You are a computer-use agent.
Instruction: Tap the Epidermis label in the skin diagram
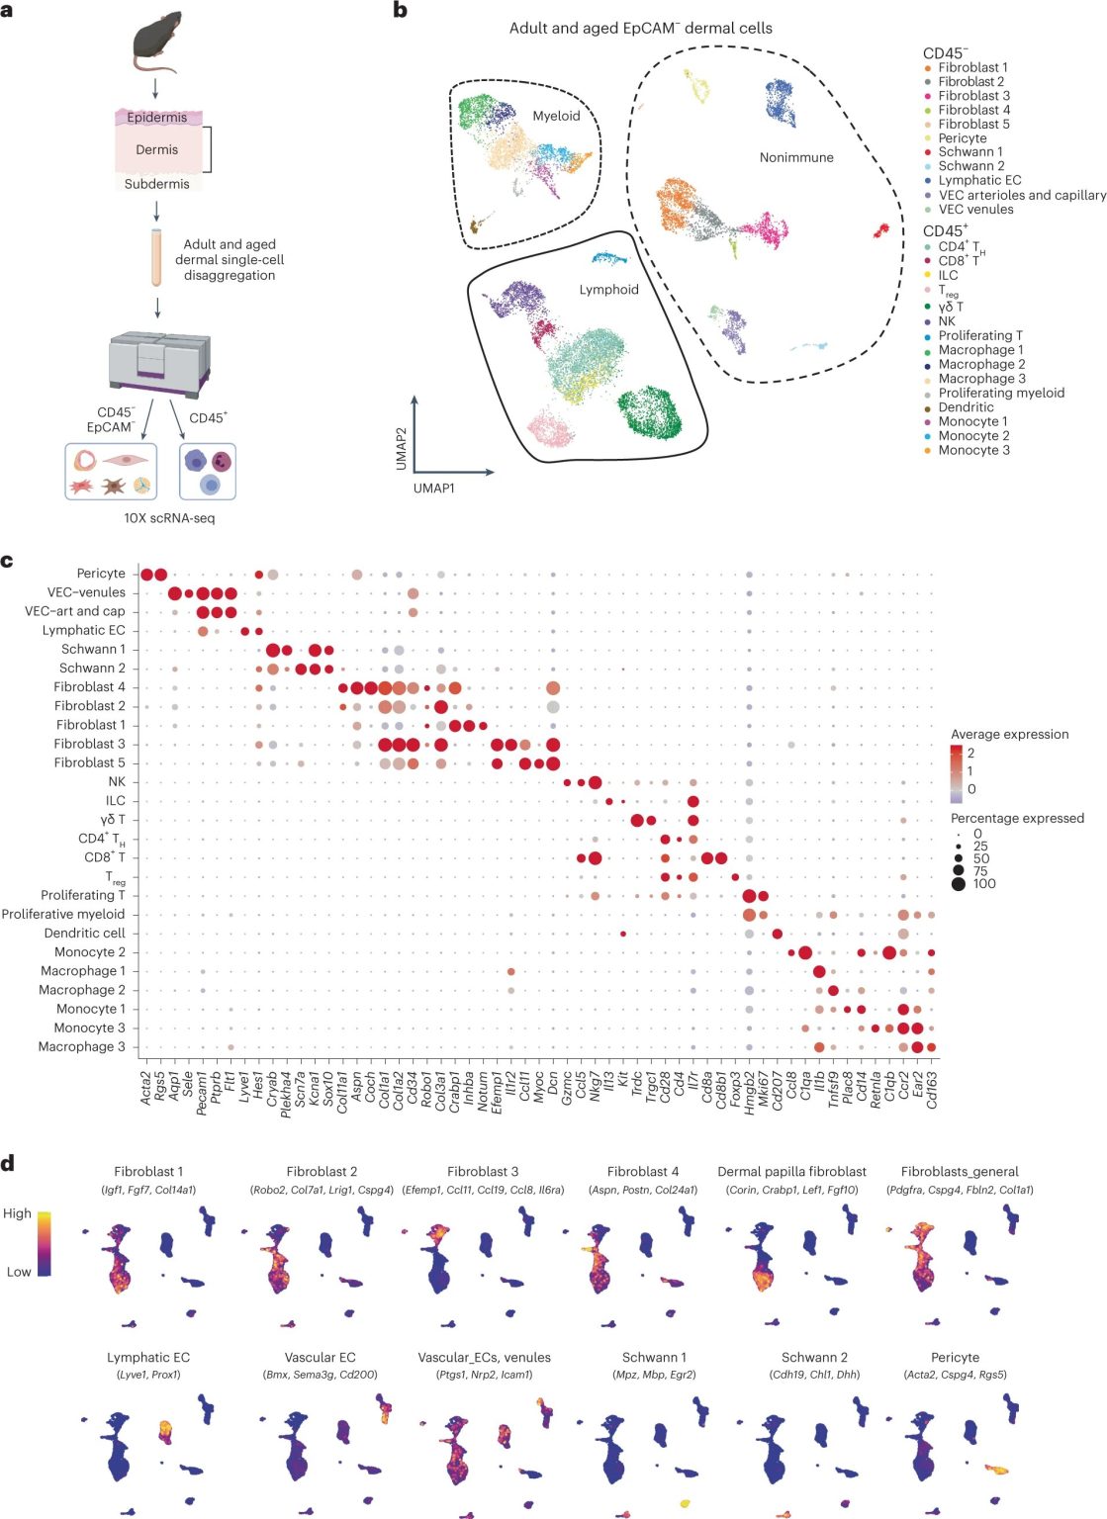coord(156,118)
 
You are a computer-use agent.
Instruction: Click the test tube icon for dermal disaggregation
coord(156,258)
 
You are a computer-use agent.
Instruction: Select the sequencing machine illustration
coord(159,365)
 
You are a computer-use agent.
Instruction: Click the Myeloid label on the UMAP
coord(556,116)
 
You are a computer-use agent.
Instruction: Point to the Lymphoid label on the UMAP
coord(608,290)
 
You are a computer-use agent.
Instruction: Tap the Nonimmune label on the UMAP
coord(796,157)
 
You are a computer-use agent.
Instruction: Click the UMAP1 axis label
coord(434,488)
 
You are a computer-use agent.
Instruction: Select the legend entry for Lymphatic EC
coord(973,180)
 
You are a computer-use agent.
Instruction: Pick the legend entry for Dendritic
coord(960,407)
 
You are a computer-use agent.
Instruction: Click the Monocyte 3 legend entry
coord(968,450)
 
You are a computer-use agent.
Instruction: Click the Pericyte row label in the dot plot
coord(101,574)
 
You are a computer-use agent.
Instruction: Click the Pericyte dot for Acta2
coord(146,575)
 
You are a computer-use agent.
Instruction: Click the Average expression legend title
coord(1009,735)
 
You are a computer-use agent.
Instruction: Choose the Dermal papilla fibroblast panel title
coord(791,1172)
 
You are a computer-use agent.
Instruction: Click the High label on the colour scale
coord(17,1213)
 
